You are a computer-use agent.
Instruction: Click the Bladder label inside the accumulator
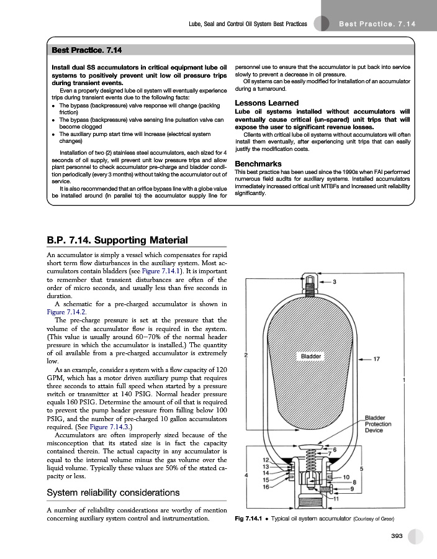311,357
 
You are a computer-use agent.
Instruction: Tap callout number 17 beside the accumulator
377,358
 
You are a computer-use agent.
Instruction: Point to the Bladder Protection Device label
379,424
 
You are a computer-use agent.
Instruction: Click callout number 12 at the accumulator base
265,460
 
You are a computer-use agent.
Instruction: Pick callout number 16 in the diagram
265,486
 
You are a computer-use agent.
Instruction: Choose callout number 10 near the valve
346,476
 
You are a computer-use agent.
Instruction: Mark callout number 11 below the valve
336,498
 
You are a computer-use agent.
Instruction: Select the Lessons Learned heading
266,103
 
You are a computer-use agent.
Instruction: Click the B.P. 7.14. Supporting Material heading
117,240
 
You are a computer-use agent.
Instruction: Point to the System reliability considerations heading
114,493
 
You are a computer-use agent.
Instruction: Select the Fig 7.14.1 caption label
251,519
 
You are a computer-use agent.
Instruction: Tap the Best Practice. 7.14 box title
86,48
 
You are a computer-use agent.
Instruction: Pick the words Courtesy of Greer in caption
376,519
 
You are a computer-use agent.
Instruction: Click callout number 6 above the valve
335,449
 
